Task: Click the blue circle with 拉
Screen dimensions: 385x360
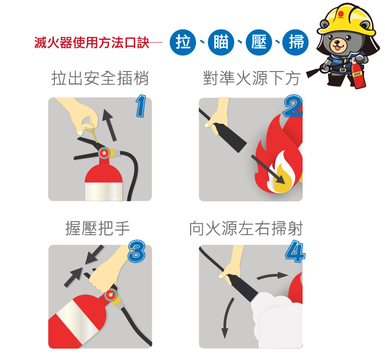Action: (183, 42)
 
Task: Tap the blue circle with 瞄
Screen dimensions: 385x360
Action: (221, 42)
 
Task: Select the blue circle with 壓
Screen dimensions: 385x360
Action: (259, 42)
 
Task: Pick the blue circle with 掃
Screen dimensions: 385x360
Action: (296, 42)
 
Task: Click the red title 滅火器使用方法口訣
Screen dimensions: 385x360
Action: (92, 43)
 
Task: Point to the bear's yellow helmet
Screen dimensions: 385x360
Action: (347, 20)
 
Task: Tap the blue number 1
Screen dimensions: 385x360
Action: (141, 106)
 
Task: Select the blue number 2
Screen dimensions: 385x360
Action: (293, 106)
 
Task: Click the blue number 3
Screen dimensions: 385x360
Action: (137, 251)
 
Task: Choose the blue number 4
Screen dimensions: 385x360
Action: (295, 251)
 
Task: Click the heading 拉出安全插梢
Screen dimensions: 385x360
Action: (100, 78)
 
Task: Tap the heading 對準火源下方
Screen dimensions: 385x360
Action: (251, 78)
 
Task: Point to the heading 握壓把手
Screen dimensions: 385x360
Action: (97, 228)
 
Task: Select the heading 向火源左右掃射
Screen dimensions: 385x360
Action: (246, 228)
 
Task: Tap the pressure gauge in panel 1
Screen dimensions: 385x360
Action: (104, 153)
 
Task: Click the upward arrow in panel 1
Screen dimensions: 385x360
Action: (109, 125)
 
